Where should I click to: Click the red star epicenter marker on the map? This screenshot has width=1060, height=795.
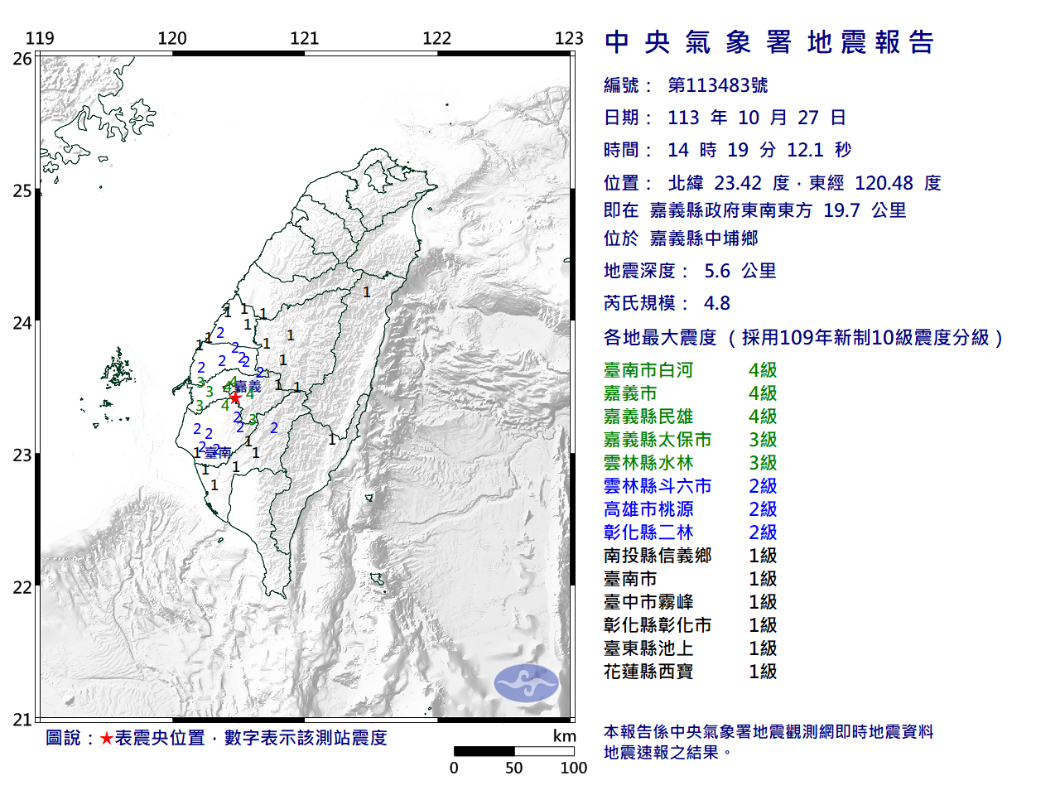click(235, 397)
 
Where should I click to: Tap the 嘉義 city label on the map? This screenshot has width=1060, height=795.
click(248, 387)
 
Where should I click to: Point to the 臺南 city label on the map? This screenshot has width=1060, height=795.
click(218, 453)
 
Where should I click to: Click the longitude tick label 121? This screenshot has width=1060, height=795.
click(305, 38)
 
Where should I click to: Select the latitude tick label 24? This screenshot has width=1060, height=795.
click(22, 323)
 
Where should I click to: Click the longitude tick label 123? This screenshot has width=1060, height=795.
click(569, 38)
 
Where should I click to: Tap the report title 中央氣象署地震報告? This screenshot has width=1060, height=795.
click(769, 42)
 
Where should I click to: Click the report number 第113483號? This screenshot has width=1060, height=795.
click(718, 85)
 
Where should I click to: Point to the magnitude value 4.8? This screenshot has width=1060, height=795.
click(717, 303)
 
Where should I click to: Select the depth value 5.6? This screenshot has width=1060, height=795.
click(717, 271)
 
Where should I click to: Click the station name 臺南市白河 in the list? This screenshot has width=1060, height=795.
click(648, 370)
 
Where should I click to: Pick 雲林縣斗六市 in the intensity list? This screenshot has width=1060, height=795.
click(658, 486)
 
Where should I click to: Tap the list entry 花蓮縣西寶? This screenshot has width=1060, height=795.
click(648, 672)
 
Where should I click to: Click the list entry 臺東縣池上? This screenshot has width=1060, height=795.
click(648, 648)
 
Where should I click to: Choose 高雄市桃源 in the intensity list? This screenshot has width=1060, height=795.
click(648, 509)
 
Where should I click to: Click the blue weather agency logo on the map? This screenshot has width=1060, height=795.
click(526, 683)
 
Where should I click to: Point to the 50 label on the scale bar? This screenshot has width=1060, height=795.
click(514, 768)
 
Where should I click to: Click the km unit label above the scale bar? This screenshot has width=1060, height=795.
click(565, 736)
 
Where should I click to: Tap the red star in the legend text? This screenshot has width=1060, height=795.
click(106, 738)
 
